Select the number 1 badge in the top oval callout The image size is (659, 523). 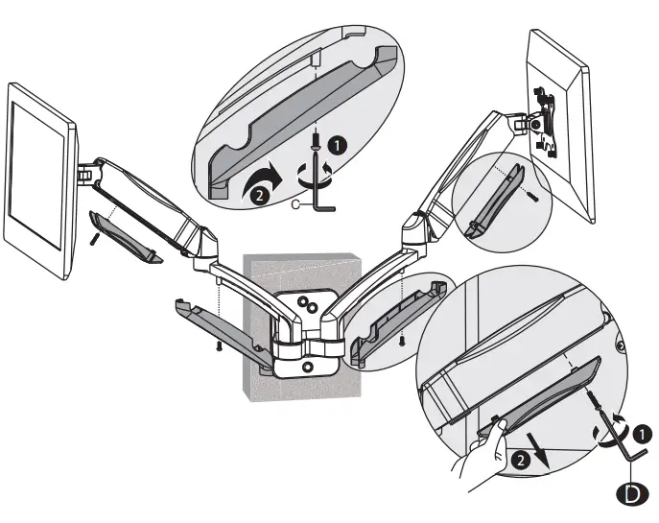[x=337, y=146]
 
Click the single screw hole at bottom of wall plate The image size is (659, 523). [x=306, y=366]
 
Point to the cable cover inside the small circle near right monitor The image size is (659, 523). [x=494, y=202]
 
